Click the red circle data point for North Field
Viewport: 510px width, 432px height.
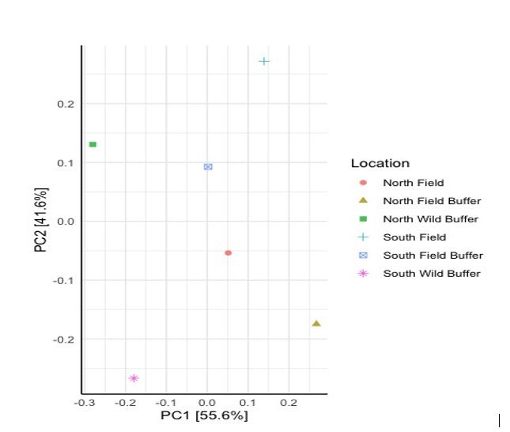229,253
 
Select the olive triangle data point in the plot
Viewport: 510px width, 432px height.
316,324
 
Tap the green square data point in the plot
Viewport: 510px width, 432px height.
93,145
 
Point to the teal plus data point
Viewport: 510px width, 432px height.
264,61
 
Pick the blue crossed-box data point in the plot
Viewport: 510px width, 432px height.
208,167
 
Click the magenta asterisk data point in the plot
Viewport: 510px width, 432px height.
134,378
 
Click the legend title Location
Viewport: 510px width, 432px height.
380,163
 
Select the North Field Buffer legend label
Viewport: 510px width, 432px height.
432,201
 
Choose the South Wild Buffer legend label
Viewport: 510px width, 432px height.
432,274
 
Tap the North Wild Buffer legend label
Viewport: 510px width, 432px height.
431,219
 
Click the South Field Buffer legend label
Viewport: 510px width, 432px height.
433,256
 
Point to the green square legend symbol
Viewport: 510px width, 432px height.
363,219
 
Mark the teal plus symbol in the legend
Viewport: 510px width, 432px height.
363,237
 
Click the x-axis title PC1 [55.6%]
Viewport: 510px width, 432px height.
204,415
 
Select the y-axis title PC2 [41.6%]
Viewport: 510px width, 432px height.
41,220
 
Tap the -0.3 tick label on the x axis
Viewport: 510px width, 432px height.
85,403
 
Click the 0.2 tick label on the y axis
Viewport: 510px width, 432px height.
66,104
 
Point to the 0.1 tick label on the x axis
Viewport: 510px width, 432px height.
247,403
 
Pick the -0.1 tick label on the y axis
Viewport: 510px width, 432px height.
64,280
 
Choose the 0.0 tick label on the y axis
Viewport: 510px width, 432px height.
66,222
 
